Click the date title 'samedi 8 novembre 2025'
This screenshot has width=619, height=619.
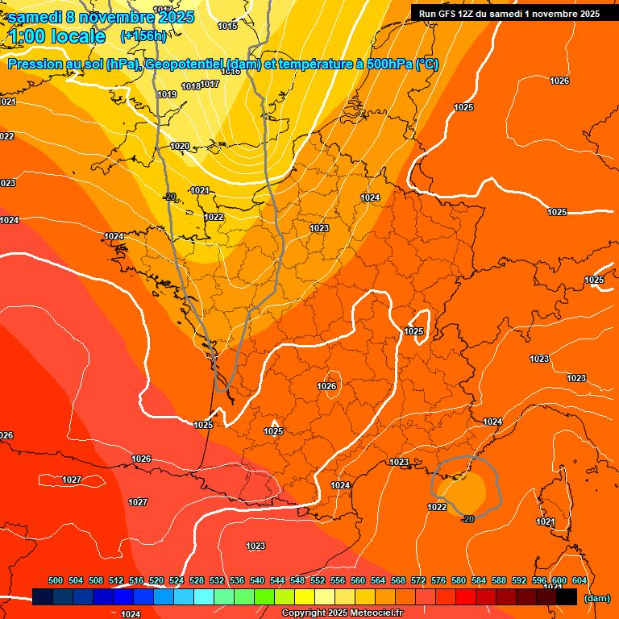101,17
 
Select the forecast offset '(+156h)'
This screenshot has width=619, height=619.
143,36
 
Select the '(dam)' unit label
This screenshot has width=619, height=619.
596,599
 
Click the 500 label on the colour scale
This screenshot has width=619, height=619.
56,580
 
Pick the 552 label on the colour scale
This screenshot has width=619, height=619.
318,580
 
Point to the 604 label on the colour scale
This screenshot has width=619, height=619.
580,580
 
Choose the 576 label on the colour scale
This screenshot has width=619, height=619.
438,580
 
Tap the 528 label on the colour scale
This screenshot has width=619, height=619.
197,580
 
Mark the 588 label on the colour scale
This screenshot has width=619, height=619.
499,580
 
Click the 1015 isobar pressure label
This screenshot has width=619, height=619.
227,27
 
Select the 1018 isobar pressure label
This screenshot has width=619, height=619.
191,86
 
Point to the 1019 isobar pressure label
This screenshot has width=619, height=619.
167,95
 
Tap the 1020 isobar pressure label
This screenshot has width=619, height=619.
180,147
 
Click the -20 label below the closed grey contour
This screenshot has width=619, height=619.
467,519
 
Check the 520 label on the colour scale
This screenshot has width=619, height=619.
156,580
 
